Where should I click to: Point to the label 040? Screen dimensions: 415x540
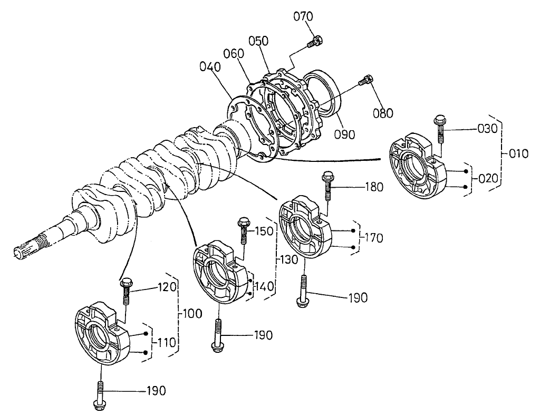pos(210,67)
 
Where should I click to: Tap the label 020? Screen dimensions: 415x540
pos(488,178)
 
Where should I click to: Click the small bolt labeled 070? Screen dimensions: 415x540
pos(316,41)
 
